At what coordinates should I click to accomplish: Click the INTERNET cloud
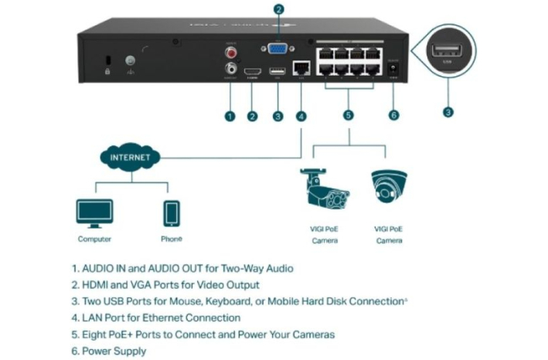125,157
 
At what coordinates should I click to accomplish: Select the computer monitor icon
94,212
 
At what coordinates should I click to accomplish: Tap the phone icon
171,212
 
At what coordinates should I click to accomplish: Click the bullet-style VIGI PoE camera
325,188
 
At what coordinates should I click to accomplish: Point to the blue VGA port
277,49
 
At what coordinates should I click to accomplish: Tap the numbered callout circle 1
230,117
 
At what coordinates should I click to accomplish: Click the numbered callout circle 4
301,117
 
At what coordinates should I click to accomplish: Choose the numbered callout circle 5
348,116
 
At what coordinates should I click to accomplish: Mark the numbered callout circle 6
394,116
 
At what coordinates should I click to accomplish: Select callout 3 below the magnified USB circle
448,111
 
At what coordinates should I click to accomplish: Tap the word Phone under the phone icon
171,239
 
